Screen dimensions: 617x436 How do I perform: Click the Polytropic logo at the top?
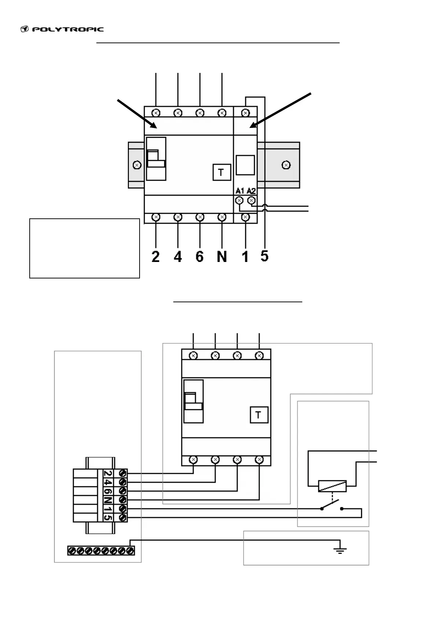pyautogui.click(x=62, y=29)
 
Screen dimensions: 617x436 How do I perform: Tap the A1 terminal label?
pyautogui.click(x=240, y=191)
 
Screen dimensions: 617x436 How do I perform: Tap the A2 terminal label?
pyautogui.click(x=251, y=191)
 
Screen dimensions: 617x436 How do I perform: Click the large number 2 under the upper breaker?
pyautogui.click(x=156, y=256)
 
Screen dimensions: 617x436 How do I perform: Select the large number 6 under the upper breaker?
pyautogui.click(x=199, y=256)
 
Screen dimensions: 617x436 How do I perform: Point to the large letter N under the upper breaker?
pyautogui.click(x=222, y=256)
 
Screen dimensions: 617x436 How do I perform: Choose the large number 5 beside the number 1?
pyautogui.click(x=265, y=256)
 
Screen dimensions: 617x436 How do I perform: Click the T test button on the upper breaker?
pyautogui.click(x=221, y=172)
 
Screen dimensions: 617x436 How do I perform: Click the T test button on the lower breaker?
pyautogui.click(x=259, y=415)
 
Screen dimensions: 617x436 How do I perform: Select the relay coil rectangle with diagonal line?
pyautogui.click(x=332, y=486)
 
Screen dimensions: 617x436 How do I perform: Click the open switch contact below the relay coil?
pyautogui.click(x=332, y=507)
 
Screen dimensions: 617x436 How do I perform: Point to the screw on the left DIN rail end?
pyautogui.click(x=137, y=165)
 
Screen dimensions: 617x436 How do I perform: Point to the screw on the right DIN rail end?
pyautogui.click(x=287, y=165)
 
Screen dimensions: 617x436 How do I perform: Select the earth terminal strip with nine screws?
pyautogui.click(x=101, y=550)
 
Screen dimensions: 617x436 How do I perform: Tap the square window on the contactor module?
pyautogui.click(x=245, y=165)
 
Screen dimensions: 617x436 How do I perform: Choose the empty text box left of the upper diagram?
pyautogui.click(x=85, y=248)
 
